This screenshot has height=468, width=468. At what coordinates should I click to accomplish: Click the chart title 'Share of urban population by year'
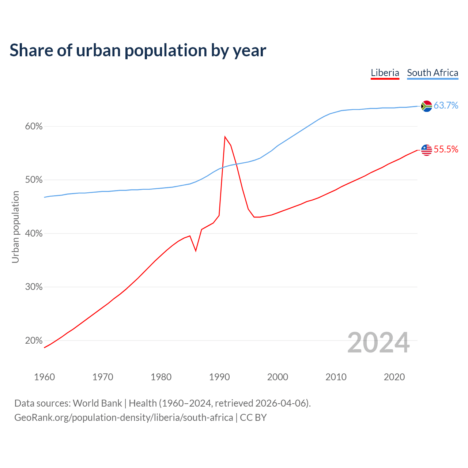tap(138, 50)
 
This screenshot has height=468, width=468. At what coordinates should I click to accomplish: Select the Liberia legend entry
tap(385, 73)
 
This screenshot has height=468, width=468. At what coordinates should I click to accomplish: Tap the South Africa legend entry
tap(433, 73)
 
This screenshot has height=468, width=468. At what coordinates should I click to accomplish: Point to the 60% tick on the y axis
tap(34, 127)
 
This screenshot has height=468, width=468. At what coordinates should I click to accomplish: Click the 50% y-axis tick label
tap(34, 180)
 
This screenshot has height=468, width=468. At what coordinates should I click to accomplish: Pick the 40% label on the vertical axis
tap(34, 233)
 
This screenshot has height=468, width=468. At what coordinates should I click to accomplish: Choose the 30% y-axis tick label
tap(34, 287)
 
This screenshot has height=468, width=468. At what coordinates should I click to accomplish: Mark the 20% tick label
tap(34, 340)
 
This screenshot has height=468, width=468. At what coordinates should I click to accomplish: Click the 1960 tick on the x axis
tap(44, 377)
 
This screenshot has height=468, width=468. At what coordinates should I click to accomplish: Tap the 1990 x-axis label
tap(219, 377)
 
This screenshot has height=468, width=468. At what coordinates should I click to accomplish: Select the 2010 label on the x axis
tap(336, 377)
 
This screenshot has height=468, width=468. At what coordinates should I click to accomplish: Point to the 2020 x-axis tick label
tap(394, 377)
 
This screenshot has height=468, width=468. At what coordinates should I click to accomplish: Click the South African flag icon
tap(426, 106)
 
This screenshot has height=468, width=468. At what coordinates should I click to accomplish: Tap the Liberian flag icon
tap(426, 150)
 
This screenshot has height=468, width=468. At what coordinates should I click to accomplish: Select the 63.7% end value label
tap(446, 106)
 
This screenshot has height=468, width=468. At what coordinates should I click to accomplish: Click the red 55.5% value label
tap(446, 150)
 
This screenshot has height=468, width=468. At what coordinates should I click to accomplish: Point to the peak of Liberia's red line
tap(225, 137)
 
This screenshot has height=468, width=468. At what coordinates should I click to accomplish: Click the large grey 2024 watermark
tap(378, 343)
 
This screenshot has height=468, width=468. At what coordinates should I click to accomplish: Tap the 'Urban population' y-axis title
tap(15, 227)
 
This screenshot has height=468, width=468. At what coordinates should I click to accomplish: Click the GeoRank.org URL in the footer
tap(124, 418)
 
